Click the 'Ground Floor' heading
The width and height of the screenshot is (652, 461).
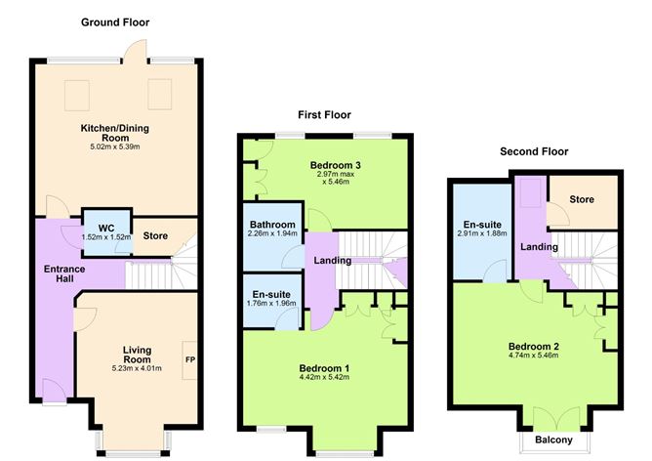click(x=115, y=21)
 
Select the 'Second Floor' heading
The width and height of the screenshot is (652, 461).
click(x=533, y=151)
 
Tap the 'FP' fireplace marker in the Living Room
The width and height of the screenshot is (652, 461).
click(x=190, y=359)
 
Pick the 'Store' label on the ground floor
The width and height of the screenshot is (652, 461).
click(x=155, y=235)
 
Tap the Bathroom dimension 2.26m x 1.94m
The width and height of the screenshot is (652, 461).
click(x=273, y=233)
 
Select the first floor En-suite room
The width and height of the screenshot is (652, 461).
click(x=272, y=302)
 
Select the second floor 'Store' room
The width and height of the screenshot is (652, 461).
click(x=582, y=201)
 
